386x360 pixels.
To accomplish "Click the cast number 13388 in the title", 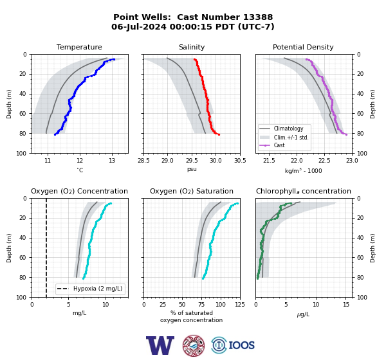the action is (258, 17).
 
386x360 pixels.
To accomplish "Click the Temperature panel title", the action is (79, 47).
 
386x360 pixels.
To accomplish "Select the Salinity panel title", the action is (192, 47).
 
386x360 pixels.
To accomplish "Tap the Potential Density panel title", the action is (303, 47).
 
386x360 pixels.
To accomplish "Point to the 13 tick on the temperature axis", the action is (112, 161).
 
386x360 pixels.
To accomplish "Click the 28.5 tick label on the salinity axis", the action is (143, 161).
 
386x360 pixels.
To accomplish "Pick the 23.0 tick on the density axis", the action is (352, 161).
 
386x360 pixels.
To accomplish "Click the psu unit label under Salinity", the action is (192, 169).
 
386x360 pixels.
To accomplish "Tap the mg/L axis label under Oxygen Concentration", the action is (79, 313).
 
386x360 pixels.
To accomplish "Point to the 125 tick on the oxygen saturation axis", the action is (240, 305).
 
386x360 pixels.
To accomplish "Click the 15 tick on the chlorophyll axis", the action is (346, 305).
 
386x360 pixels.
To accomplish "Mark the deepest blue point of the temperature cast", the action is (55, 134).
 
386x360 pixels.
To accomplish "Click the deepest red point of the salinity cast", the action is (219, 134).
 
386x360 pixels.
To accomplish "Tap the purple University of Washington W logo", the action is (160, 345).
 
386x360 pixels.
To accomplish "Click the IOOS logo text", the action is (242, 345).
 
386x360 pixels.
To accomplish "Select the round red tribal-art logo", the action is (194, 345).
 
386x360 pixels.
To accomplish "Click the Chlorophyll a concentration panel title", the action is (303, 191).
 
